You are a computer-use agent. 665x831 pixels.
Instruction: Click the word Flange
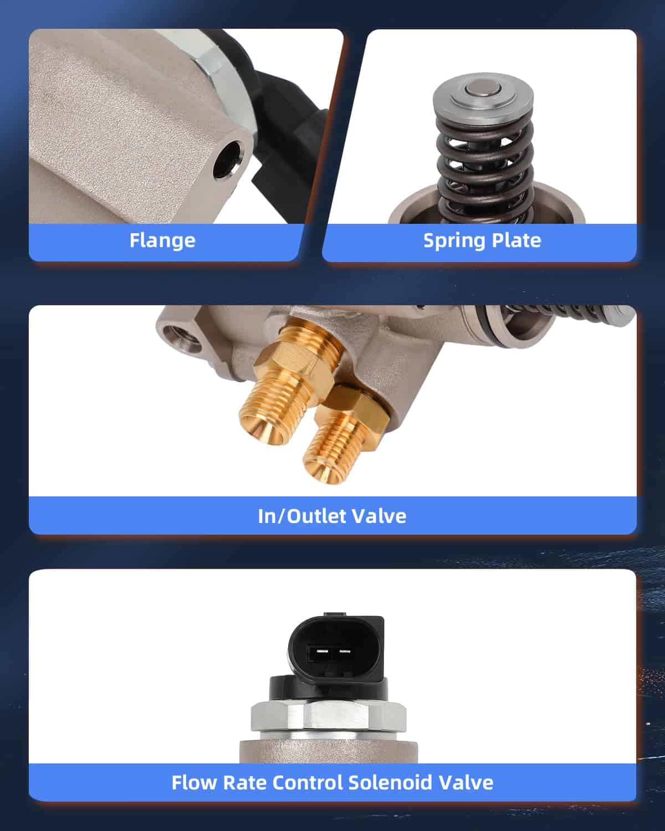[162, 241]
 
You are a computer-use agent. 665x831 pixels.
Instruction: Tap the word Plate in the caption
[511, 240]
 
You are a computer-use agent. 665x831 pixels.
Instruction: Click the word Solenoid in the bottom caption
[390, 783]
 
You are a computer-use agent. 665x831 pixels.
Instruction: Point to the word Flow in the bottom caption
[195, 783]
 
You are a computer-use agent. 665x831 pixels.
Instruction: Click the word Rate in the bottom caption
[245, 783]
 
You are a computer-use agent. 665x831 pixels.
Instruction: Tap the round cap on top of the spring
[483, 94]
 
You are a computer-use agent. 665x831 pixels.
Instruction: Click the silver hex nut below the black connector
[329, 716]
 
